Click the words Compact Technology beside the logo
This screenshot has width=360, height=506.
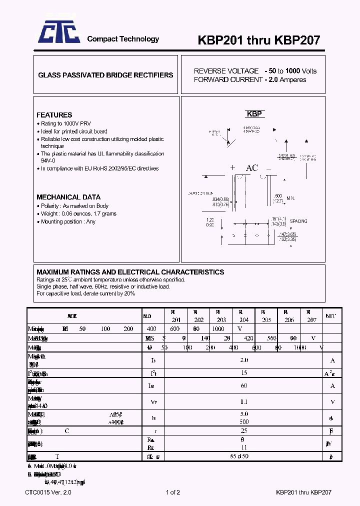click(x=123, y=39)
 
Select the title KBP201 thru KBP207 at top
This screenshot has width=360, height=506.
click(x=252, y=40)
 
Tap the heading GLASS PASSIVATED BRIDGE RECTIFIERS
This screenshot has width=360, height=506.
click(x=105, y=75)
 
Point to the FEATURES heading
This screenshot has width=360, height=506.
click(x=54, y=115)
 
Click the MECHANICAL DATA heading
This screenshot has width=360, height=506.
click(x=68, y=197)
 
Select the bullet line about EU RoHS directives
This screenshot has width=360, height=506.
click(x=99, y=168)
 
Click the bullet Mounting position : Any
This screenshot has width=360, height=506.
click(x=68, y=221)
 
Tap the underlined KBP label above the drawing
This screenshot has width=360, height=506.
click(x=254, y=114)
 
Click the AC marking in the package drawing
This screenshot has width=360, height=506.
click(x=251, y=168)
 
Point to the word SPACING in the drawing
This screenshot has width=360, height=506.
click(x=298, y=221)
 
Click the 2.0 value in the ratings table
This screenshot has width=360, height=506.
click(x=243, y=360)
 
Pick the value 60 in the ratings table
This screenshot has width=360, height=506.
click(x=243, y=385)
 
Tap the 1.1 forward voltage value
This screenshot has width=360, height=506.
click(x=243, y=401)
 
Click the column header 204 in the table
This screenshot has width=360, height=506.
click(x=243, y=320)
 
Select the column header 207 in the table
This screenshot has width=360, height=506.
click(x=311, y=320)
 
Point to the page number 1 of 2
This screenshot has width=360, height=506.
click(x=172, y=492)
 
